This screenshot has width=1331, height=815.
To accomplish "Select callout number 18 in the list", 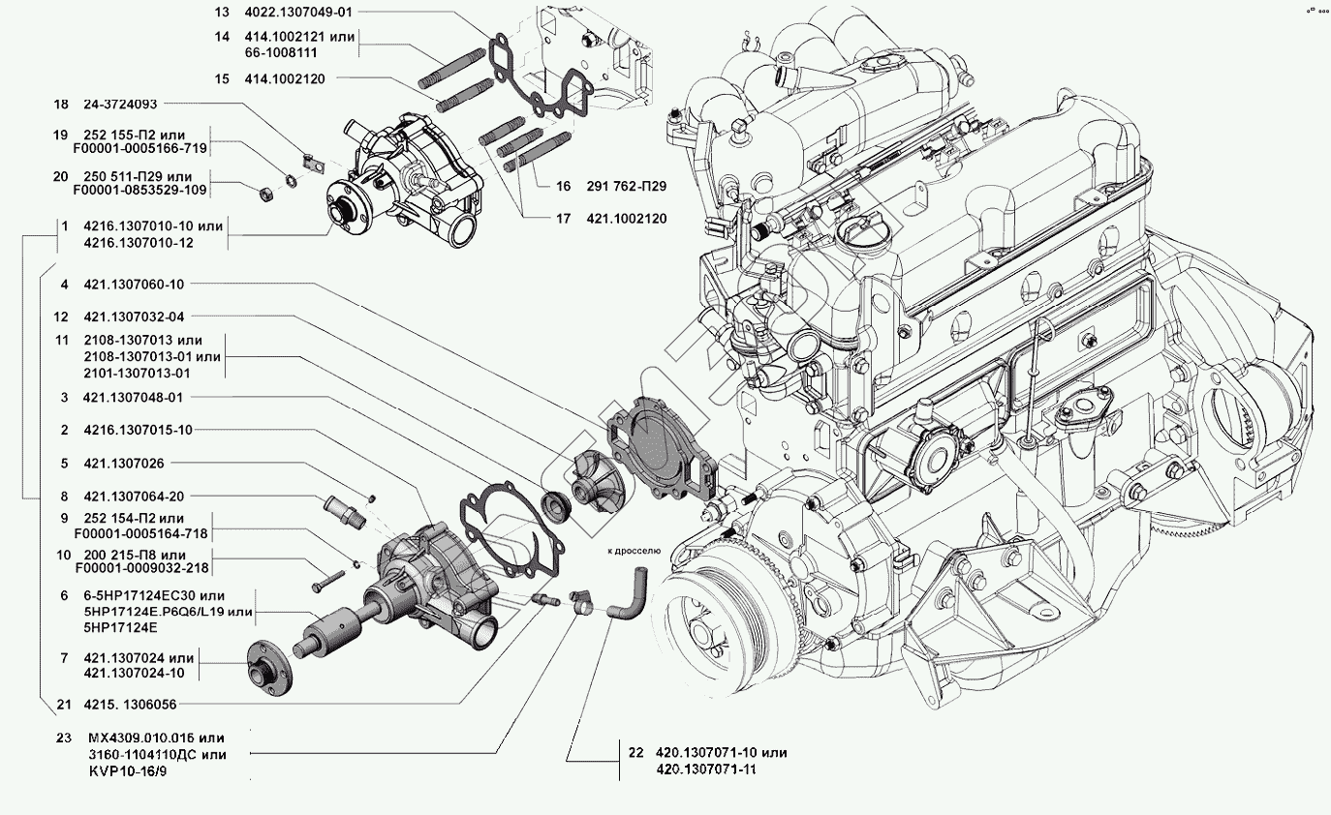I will (61, 105).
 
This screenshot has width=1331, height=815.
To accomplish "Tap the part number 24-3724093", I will (120, 105).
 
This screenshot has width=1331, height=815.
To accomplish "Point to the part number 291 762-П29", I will (627, 185).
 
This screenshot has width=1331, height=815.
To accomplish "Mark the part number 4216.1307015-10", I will (138, 430).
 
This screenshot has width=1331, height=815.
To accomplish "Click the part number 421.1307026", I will (123, 463).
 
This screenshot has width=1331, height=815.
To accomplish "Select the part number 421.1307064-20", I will (133, 496).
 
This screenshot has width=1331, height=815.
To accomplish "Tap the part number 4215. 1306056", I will (129, 705).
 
